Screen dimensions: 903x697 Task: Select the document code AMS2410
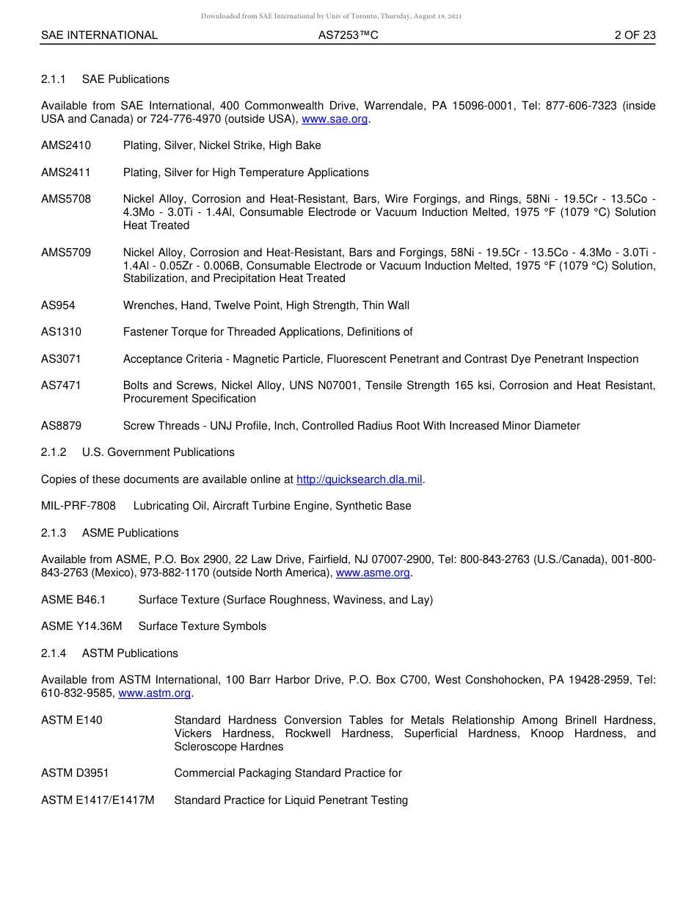pos(66,145)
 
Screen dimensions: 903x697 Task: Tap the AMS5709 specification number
pos(66,252)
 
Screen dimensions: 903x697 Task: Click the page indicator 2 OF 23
pos(635,35)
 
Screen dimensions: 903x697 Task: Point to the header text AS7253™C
pos(348,35)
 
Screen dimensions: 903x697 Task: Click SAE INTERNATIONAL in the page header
pos(99,35)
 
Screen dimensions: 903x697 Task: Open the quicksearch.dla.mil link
pos(360,479)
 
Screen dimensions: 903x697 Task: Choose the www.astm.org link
pos(154,693)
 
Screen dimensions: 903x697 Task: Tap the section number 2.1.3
pos(54,533)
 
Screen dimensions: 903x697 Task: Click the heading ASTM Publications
pos(130,653)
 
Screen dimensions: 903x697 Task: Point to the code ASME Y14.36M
pos(81,626)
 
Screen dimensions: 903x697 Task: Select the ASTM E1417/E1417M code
pos(98,800)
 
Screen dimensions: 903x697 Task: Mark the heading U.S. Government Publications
pos(158,452)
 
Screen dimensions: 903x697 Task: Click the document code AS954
pos(58,305)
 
